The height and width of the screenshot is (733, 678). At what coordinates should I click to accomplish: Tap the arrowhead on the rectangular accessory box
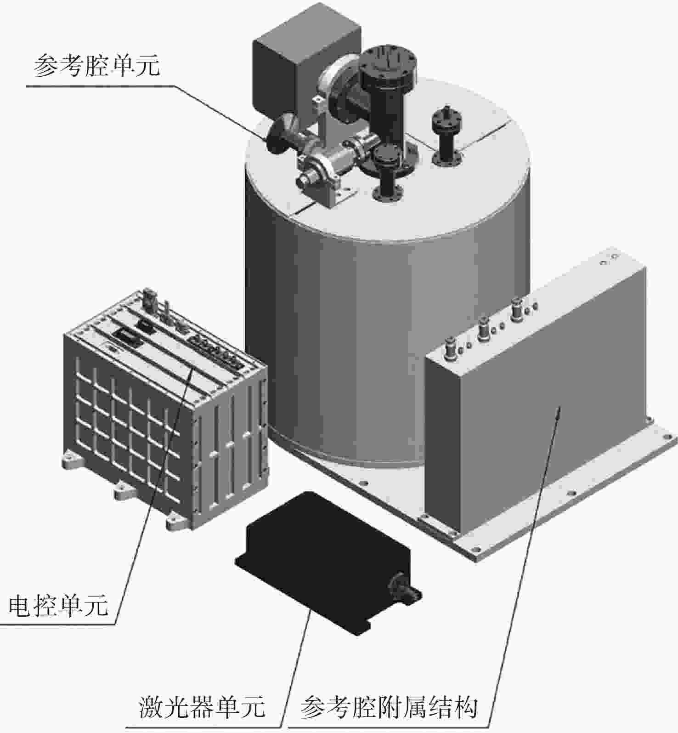tap(558, 411)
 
